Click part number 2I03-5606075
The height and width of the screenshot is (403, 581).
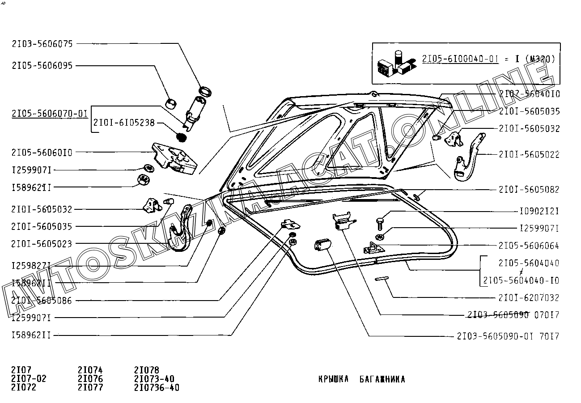[42, 44]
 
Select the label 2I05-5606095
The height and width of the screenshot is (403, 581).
[42, 66]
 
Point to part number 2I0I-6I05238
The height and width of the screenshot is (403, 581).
[124, 123]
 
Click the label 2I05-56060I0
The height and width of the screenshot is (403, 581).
[42, 153]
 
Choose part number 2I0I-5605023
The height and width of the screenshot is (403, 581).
[42, 244]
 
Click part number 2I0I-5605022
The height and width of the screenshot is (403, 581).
[529, 155]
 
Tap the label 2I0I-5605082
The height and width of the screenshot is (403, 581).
[529, 190]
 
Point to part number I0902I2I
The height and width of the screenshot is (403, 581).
[539, 211]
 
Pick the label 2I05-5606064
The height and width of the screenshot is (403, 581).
[529, 246]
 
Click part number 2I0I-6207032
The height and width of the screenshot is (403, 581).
[529, 298]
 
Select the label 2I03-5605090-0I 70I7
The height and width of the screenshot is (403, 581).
[508, 336]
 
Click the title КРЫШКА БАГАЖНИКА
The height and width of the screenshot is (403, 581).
[361, 380]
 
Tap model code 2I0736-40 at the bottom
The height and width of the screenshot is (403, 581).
[156, 387]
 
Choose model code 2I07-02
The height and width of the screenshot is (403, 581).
[29, 379]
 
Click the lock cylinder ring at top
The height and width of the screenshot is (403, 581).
[205, 91]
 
